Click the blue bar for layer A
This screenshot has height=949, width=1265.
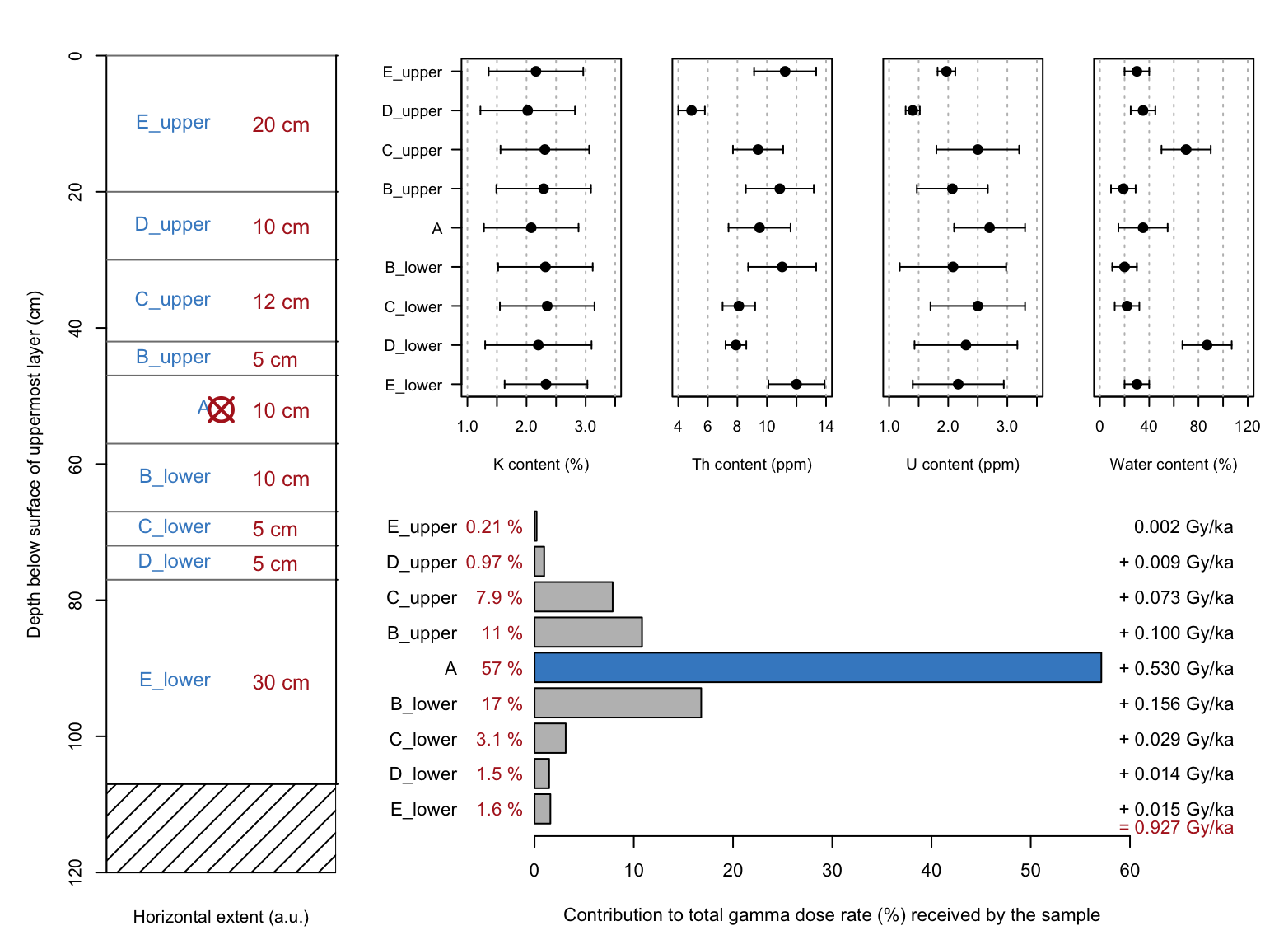817,667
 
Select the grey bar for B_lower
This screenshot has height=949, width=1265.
618,703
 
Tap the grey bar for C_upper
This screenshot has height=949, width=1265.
573,596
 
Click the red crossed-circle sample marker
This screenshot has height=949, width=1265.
221,409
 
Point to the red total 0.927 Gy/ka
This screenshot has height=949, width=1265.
1176,828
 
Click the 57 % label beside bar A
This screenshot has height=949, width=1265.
502,668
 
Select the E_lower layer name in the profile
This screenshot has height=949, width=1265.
175,680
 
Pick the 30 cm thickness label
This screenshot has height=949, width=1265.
281,682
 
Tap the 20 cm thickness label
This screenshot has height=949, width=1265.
281,124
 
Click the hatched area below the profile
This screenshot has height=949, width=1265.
221,828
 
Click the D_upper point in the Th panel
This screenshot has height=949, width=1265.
691,110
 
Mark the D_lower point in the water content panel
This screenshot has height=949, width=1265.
1207,345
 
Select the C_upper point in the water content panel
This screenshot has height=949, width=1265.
1186,149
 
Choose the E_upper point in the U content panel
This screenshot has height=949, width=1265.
946,72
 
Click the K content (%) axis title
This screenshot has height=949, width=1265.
541,464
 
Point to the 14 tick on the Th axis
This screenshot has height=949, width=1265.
825,426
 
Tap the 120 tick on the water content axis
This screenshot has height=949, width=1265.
1247,426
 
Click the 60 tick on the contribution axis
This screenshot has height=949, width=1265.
1129,871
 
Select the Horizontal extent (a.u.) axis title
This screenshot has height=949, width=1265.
221,917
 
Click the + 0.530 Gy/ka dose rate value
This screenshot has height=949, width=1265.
1176,668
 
